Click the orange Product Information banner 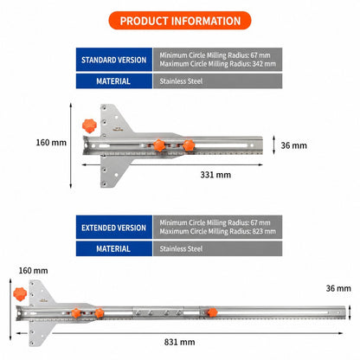[180, 21]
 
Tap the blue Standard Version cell [114, 60]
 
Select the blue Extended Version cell [114, 228]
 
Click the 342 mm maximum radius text [218, 64]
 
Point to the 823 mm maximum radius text [218, 231]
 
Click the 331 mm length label [215, 175]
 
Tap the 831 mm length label [179, 342]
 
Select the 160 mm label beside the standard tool [51, 143]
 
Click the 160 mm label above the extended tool [33, 271]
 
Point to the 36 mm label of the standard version [293, 145]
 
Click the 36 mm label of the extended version [338, 288]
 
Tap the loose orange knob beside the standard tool [89, 125]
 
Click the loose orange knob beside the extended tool [20, 294]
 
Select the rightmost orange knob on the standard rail [189, 145]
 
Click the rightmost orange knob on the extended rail [212, 312]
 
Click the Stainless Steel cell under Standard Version [217, 81]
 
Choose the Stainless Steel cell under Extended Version [217, 248]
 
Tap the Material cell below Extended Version [114, 248]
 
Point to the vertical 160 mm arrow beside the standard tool [71, 145]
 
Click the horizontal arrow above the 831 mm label [179, 333]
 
